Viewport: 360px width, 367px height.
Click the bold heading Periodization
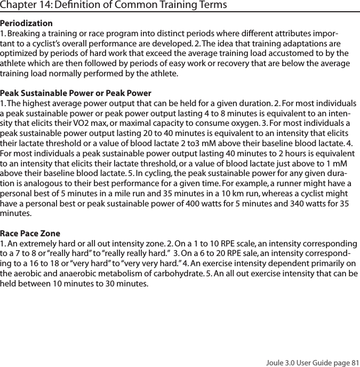26,23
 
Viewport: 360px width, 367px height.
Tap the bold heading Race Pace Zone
30,234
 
